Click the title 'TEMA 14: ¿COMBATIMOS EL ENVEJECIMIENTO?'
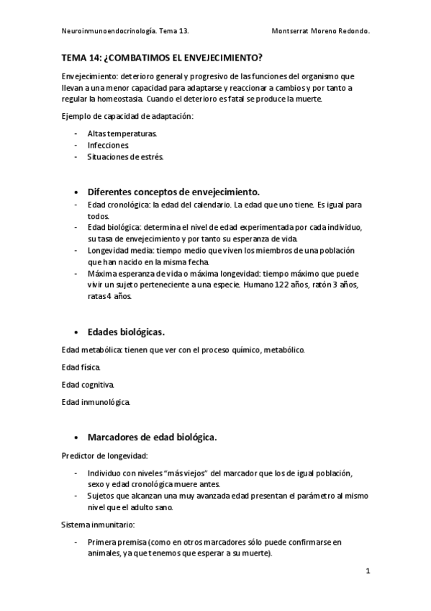point(161,56)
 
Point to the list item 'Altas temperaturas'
point(122,134)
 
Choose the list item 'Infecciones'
point(108,146)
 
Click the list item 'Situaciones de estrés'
point(125,157)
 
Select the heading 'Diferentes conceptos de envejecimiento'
point(173,192)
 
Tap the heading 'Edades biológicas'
point(126,332)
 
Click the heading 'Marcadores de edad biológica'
point(152,437)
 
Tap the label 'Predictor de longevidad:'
point(105,455)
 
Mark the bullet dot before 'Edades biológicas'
point(77,333)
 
